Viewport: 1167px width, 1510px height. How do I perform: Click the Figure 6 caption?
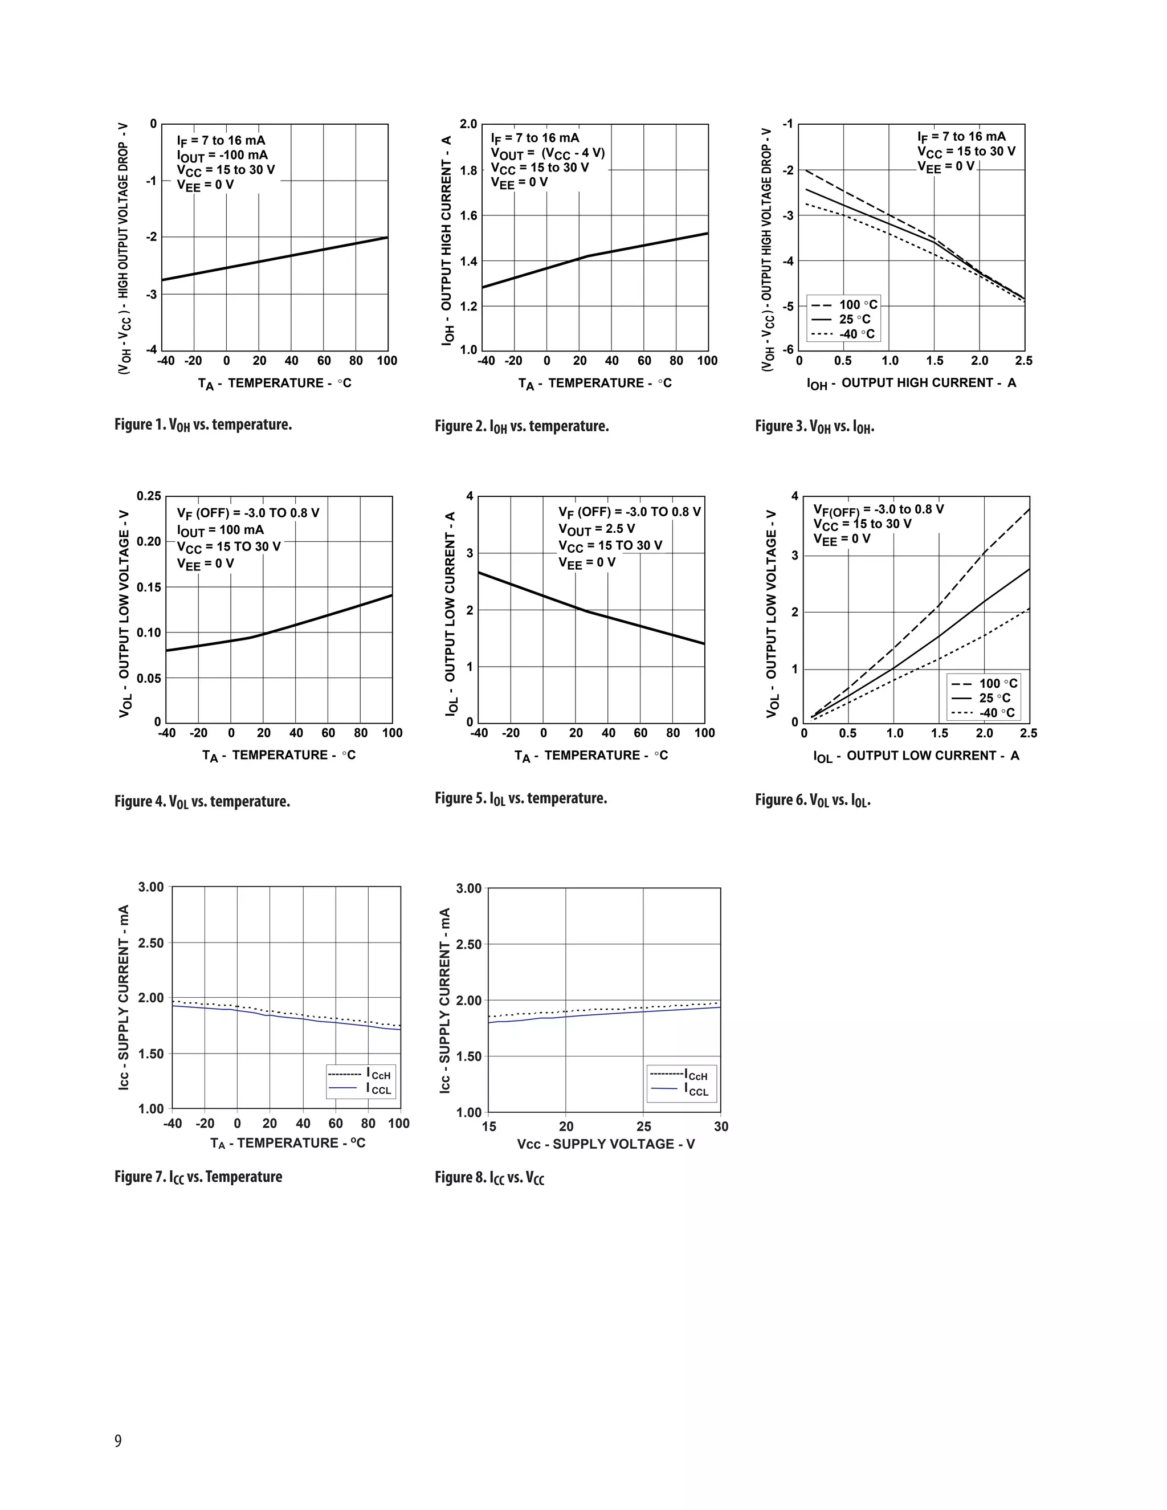coord(813,800)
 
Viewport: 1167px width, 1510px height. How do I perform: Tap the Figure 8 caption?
coord(489,1177)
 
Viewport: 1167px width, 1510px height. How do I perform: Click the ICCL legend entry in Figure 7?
coord(361,1089)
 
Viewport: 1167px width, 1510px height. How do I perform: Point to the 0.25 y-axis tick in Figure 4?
coord(149,496)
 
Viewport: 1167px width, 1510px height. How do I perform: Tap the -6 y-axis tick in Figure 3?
coord(788,349)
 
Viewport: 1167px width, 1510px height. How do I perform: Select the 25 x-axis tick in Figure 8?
coord(644,1127)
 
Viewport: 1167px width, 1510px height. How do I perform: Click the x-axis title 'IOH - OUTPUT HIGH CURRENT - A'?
coord(911,383)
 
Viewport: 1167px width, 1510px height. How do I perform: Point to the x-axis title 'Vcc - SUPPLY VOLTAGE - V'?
coord(606,1144)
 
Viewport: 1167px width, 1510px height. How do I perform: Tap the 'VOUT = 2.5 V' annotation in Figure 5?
coord(597,529)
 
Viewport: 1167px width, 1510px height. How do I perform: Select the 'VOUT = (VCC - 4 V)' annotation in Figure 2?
coord(548,153)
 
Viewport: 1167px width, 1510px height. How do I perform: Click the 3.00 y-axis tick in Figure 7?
coord(150,887)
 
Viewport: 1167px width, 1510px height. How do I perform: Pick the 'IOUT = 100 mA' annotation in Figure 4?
coord(220,530)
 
